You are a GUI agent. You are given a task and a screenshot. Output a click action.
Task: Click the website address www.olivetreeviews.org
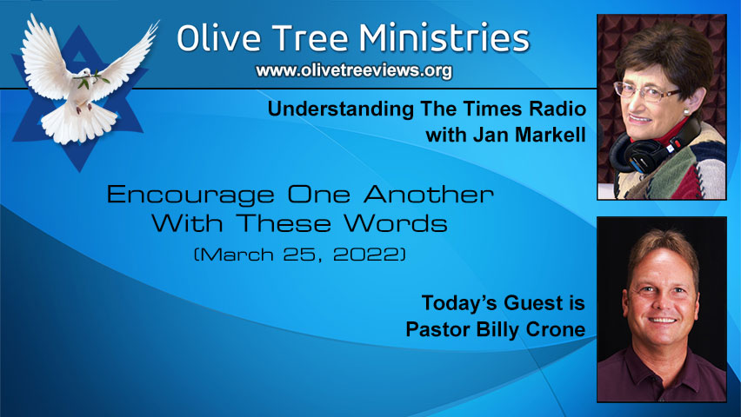pyautogui.click(x=353, y=71)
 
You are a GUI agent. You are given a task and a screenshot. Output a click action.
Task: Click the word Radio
pyautogui.click(x=554, y=110)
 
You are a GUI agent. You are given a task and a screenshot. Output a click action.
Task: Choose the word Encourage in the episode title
pyautogui.click(x=190, y=194)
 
